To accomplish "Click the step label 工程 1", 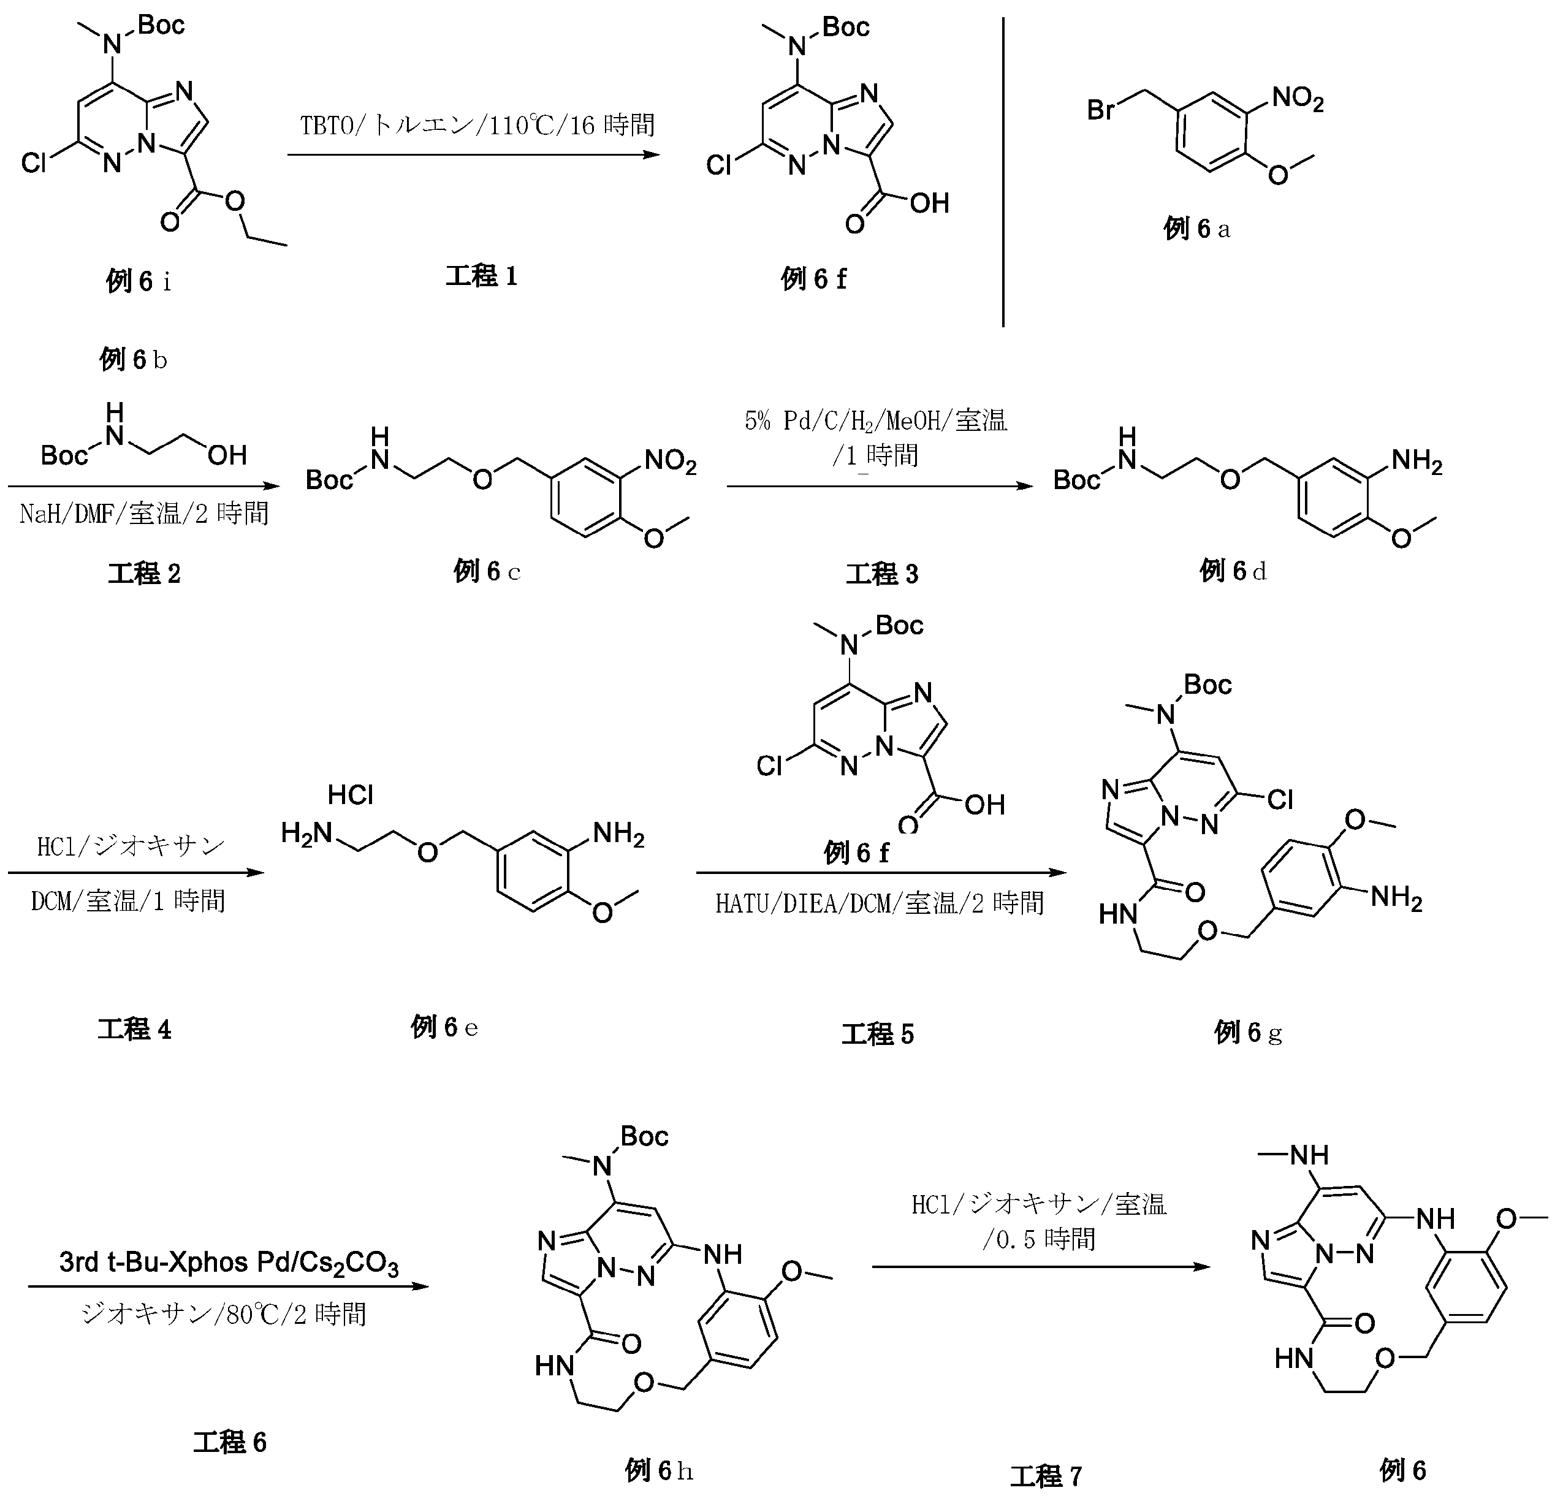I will [482, 277].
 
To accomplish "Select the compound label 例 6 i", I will [138, 281].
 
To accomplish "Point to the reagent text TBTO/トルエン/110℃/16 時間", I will [477, 125].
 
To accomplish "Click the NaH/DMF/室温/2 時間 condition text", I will [143, 513].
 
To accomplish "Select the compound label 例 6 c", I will [487, 571].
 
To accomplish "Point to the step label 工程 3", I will [882, 574].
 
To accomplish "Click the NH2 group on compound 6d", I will [1417, 462].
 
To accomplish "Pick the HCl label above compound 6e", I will [350, 794].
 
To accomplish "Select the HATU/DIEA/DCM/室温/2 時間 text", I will [879, 903].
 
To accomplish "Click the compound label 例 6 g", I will [1247, 1033].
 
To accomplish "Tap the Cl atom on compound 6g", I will [1279, 799].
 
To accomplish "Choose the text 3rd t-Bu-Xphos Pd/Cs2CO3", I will [228, 1263].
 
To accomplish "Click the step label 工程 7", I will [1046, 1477].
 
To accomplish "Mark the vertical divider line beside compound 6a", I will [1003, 172].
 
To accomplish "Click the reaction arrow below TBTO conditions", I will [474, 154].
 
